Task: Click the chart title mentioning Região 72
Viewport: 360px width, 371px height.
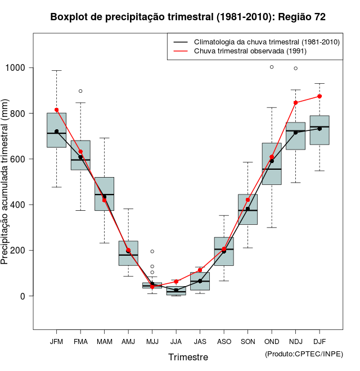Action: pos(188,17)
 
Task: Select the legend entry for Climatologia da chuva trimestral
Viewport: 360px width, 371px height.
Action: pos(266,42)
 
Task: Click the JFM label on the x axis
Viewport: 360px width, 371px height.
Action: pos(56,341)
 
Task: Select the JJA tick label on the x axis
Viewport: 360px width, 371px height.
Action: pos(176,341)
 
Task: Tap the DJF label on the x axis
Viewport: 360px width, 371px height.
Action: pos(319,341)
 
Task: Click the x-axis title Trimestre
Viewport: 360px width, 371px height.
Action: pos(188,357)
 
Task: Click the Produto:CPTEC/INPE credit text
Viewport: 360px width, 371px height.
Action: pos(304,354)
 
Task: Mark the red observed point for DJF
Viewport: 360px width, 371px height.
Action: pos(319,96)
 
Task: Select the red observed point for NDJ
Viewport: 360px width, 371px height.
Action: pos(295,103)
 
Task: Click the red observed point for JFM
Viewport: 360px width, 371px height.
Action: pos(56,110)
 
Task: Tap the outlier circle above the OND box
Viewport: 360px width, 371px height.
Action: pos(272,67)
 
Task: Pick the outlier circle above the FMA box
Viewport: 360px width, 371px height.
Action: pos(80,91)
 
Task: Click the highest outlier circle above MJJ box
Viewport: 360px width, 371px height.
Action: pos(152,251)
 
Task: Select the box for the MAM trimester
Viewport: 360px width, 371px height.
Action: pos(104,194)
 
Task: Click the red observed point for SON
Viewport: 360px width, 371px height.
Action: pos(247,200)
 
